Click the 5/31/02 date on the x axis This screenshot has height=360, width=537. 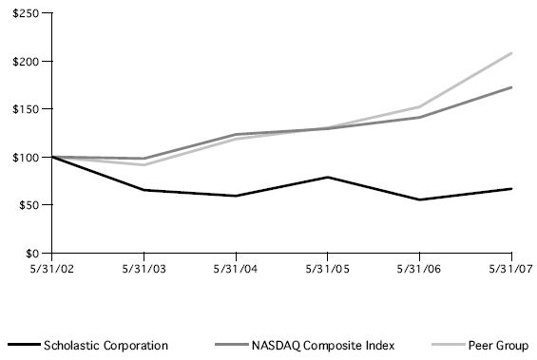51,268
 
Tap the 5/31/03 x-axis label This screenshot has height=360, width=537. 144,268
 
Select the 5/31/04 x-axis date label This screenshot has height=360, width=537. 236,268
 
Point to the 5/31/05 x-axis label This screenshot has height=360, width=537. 328,268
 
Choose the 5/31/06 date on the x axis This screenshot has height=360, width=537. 420,268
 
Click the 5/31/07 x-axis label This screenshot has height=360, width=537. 510,268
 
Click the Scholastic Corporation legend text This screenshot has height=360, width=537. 105,346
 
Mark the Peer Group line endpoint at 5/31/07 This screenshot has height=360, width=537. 512,53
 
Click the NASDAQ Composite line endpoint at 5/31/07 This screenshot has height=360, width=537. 512,87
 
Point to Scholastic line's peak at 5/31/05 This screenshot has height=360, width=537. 328,177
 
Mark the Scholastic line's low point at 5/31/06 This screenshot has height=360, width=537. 420,199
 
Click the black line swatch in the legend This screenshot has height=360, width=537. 23,346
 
